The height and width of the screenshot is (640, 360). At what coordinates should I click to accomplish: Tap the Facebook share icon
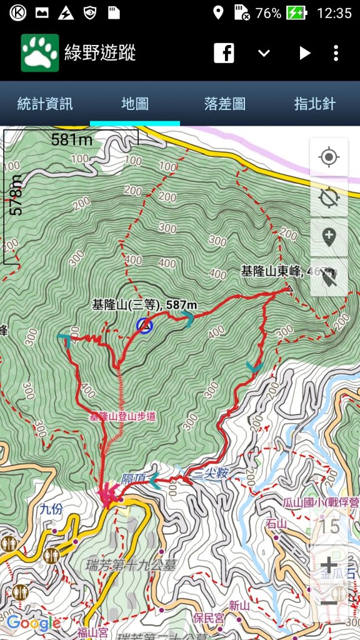point(224,53)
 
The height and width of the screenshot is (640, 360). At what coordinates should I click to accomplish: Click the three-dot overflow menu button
point(336,53)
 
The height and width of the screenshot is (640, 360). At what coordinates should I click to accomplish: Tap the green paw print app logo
point(40,53)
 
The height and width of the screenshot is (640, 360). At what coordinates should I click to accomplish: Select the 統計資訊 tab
point(45,104)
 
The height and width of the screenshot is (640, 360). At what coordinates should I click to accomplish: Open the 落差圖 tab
point(225,104)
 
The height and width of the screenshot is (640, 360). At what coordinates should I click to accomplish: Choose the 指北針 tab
point(315,104)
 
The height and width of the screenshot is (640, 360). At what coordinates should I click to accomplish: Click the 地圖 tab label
point(135,104)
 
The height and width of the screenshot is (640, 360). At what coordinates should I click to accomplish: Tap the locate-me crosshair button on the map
point(329,157)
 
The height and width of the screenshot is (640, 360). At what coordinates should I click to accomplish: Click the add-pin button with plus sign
point(329,237)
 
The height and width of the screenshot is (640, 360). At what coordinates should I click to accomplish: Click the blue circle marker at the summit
point(144,326)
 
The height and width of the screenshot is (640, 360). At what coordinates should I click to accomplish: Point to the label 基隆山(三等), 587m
point(144,305)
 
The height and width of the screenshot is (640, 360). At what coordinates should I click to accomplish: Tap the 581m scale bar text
point(71,139)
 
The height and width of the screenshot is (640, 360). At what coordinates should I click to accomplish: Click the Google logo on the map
point(34,622)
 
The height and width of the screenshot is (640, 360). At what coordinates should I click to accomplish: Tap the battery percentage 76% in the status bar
point(268,13)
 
